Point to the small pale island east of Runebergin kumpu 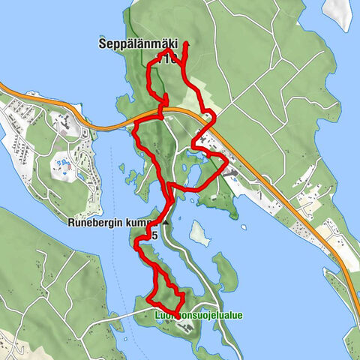pos(199,233)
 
